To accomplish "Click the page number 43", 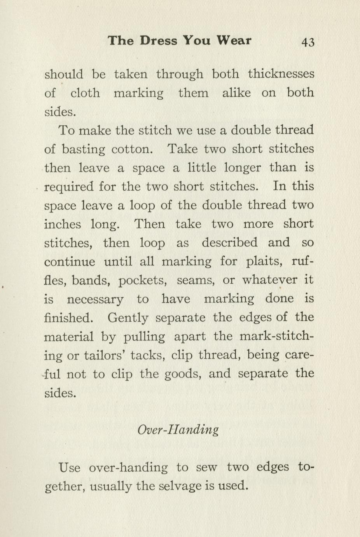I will pos(308,42).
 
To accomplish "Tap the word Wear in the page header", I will pos(234,40).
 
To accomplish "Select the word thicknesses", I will pos(281,74).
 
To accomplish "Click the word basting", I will pos(84,149).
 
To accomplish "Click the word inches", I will pos(63,224).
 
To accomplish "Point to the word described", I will pos(229,242).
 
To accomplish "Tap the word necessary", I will pos(95,299).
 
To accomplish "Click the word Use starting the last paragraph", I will pos(70,467).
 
